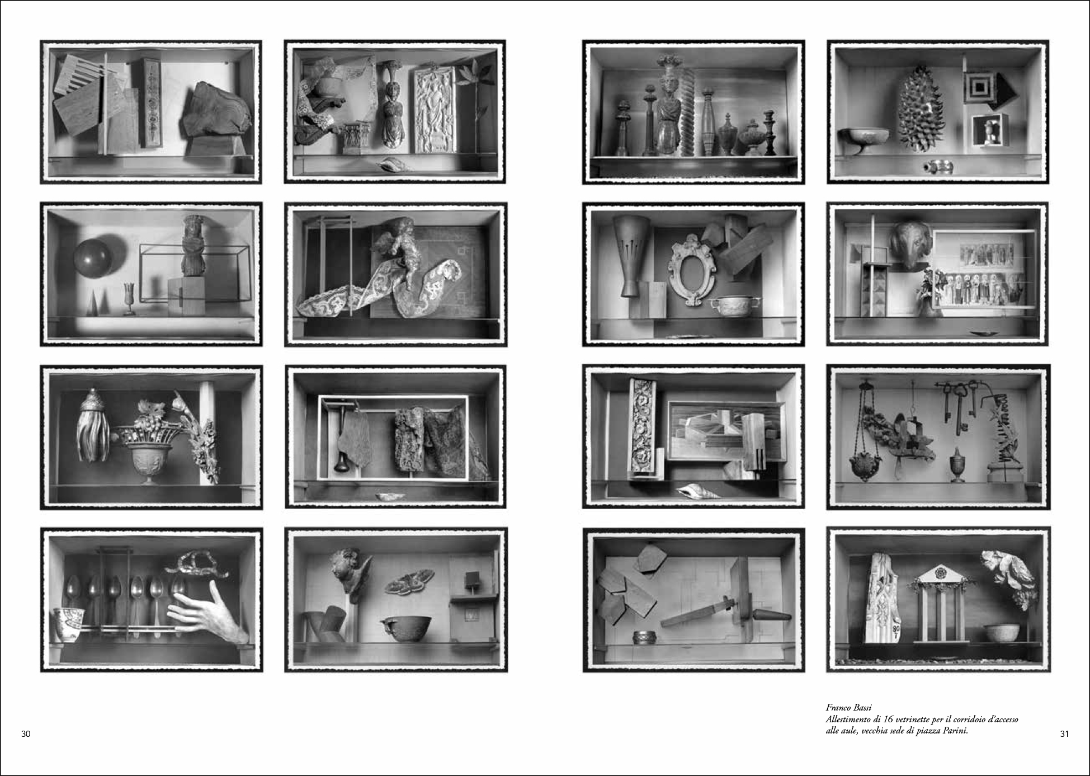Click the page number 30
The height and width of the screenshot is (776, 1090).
coord(26,734)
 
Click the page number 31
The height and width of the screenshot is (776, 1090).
coord(1064,734)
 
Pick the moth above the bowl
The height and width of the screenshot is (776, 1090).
coord(410,580)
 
